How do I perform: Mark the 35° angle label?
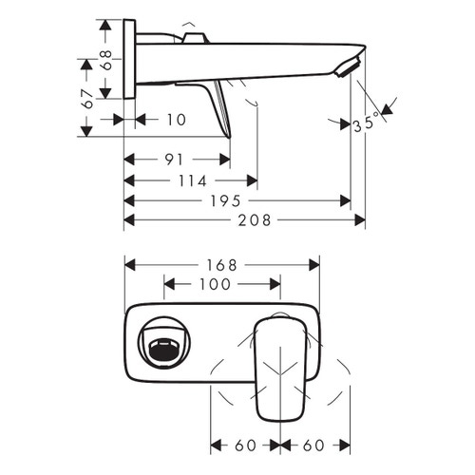365,123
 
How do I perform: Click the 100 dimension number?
221,285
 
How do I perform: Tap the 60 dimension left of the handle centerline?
244,445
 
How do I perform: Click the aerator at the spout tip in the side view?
349,66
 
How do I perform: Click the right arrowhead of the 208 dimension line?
361,219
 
